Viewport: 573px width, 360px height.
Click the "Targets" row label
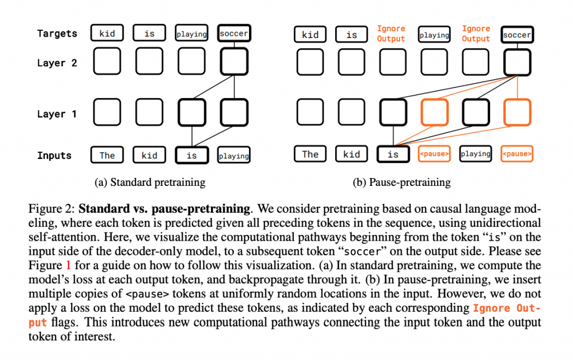pyautogui.click(x=57, y=34)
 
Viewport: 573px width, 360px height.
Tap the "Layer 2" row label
pyautogui.click(x=57, y=63)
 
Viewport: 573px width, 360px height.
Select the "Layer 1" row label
pyautogui.click(x=57, y=114)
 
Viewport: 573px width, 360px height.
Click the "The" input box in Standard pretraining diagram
pyautogui.click(x=107, y=155)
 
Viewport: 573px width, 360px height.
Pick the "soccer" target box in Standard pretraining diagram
pyautogui.click(x=234, y=34)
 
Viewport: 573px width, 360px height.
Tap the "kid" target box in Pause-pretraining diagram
pyautogui.click(x=310, y=35)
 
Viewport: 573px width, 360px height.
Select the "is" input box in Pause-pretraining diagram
pyautogui.click(x=393, y=155)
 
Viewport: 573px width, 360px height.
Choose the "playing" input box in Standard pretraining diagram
pyautogui.click(x=234, y=156)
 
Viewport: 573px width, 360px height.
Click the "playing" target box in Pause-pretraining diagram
pyautogui.click(x=434, y=35)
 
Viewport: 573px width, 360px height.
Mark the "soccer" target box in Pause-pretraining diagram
pyautogui.click(x=517, y=35)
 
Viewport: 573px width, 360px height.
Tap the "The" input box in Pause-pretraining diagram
pyautogui.click(x=310, y=155)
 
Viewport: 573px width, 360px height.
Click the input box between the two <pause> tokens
pyautogui.click(x=476, y=154)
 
